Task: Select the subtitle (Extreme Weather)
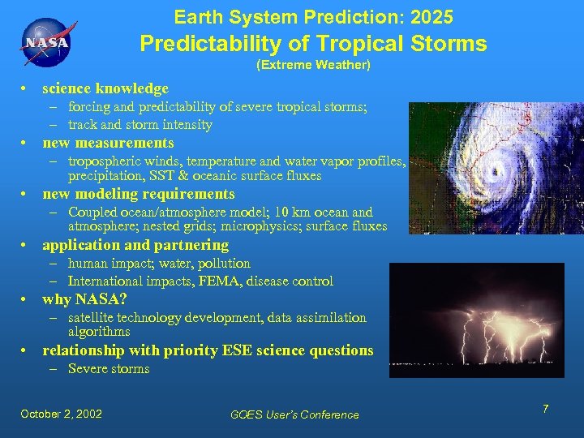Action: coord(313,64)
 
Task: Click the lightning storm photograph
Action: coord(476,320)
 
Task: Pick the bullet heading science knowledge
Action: coord(105,88)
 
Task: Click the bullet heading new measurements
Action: coord(108,143)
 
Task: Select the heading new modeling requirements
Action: coord(138,194)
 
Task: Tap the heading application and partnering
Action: coord(135,245)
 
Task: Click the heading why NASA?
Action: coord(84,299)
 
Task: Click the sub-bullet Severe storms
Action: coord(109,369)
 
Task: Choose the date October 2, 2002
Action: coord(62,414)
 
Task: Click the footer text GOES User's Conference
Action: coord(294,414)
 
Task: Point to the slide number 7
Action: coord(546,409)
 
